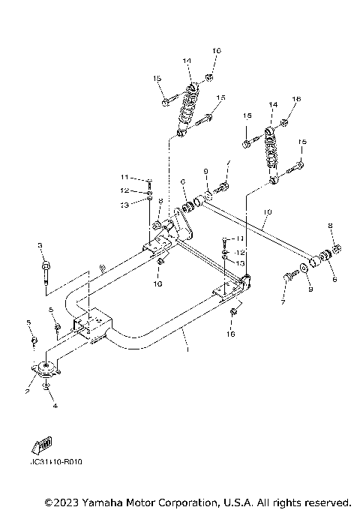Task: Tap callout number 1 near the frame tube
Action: tap(187, 349)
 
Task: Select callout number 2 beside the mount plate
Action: tap(26, 391)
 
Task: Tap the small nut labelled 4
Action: tap(46, 387)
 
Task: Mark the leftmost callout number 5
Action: tap(29, 322)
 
